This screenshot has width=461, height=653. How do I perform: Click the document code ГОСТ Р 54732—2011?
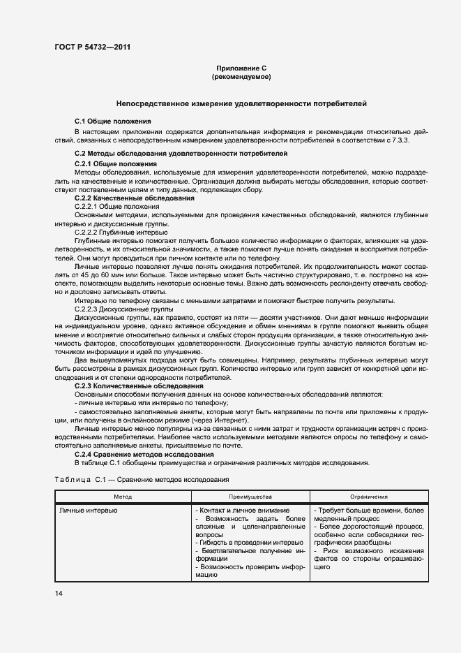pyautogui.click(x=92, y=47)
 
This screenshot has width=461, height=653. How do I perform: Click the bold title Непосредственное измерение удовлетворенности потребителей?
pyautogui.click(x=241, y=103)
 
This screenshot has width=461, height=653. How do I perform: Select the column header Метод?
pyautogui.click(x=123, y=496)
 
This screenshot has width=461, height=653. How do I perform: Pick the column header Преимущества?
pyautogui.click(x=250, y=496)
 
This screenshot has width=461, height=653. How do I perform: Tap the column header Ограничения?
pyautogui.click(x=369, y=496)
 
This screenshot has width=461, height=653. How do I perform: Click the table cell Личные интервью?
pyautogui.click(x=88, y=511)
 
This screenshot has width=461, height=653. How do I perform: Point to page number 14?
pyautogui.click(x=59, y=593)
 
